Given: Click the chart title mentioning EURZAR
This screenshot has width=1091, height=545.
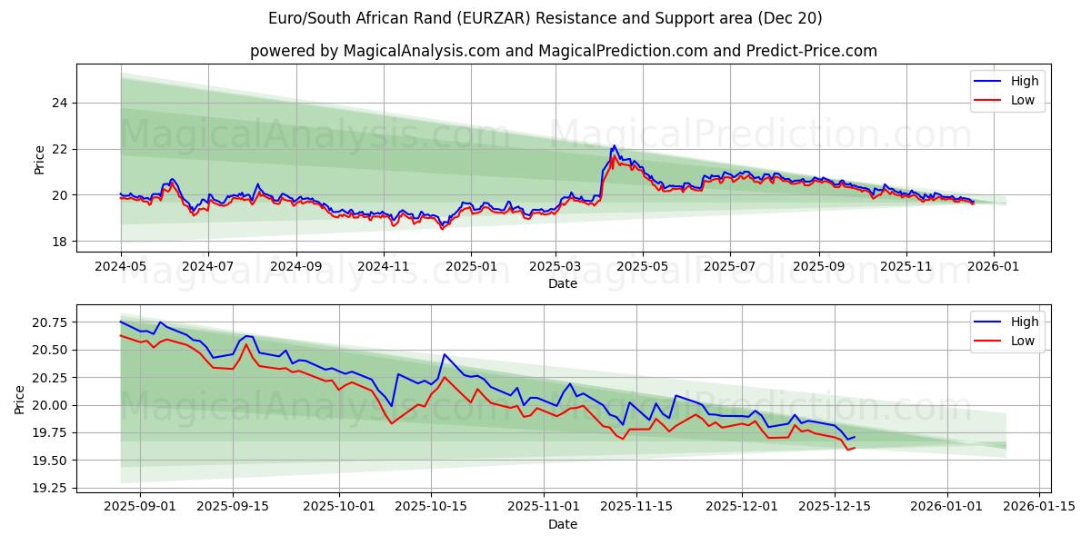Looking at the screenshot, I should [x=545, y=18].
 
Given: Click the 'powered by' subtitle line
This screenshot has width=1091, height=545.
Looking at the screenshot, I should [x=564, y=51].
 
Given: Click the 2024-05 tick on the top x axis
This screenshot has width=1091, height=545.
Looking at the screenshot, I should [x=121, y=266].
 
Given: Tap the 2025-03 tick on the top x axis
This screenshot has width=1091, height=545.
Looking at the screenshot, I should [x=556, y=266].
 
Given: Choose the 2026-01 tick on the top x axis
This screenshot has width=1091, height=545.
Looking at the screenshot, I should [x=993, y=266].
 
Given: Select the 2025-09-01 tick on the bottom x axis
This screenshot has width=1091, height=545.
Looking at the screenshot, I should [x=140, y=507].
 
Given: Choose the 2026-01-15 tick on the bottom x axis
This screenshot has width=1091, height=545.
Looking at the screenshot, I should [x=1036, y=507].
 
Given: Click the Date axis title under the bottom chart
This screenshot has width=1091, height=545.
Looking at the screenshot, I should [x=563, y=524].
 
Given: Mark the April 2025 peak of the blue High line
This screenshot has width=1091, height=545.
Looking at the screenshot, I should [x=614, y=145].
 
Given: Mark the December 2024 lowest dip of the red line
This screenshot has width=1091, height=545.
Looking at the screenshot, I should [x=443, y=228].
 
